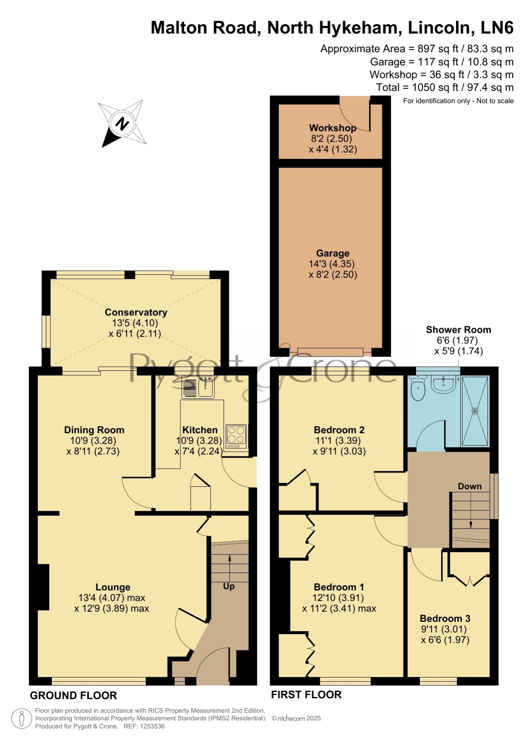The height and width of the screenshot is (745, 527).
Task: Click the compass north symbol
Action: (x=122, y=124)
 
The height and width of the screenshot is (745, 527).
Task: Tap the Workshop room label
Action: (x=333, y=128)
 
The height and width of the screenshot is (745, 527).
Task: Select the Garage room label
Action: (x=333, y=253)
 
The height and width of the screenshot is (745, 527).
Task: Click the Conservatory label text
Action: (x=136, y=312)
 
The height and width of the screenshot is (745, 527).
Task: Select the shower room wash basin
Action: (x=443, y=384)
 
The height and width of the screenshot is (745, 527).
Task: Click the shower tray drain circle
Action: (x=475, y=411)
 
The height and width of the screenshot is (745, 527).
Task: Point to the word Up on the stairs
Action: (x=229, y=586)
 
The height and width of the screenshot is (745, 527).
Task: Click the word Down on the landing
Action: (x=470, y=486)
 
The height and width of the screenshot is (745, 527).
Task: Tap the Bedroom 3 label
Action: (x=445, y=618)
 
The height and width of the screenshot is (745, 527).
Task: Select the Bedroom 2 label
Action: (x=339, y=430)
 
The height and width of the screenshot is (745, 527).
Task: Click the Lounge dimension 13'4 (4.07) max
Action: (x=112, y=598)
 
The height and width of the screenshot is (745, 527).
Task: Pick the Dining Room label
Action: (x=94, y=430)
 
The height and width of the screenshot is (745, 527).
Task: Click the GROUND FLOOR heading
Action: (x=73, y=695)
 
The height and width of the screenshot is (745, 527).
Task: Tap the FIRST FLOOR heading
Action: (x=306, y=694)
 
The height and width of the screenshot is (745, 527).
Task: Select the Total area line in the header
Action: (x=445, y=87)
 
